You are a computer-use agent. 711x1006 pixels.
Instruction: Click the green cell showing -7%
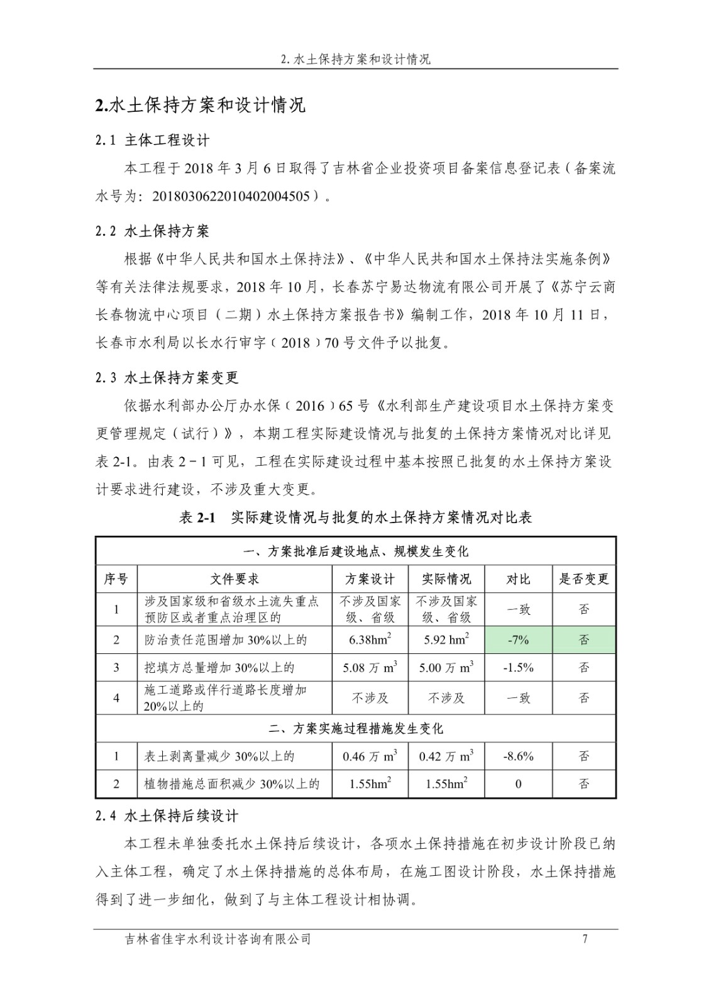tap(518, 640)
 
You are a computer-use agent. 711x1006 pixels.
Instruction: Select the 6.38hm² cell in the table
tap(370, 640)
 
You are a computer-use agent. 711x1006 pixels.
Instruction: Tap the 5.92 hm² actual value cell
tap(446, 640)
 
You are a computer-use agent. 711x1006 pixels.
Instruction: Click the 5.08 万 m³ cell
tap(370, 668)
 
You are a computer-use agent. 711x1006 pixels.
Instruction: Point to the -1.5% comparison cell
tap(518, 668)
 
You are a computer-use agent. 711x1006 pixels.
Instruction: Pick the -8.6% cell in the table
tap(518, 756)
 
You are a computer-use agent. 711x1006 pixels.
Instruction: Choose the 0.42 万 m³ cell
tap(446, 756)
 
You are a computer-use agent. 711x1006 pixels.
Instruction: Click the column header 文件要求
tap(234, 579)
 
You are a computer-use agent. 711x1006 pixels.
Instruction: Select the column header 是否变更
tap(584, 579)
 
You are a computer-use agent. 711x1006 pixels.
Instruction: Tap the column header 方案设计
tap(370, 579)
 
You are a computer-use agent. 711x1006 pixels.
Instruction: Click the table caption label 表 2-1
tap(197, 517)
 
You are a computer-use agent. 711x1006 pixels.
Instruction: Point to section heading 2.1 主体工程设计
tap(153, 140)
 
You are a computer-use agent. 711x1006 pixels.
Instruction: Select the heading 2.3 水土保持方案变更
tap(167, 378)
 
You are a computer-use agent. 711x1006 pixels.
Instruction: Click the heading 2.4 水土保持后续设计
tap(167, 816)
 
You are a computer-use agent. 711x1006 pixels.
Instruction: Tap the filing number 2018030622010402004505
tap(231, 196)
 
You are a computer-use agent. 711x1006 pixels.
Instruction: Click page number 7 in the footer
tap(585, 939)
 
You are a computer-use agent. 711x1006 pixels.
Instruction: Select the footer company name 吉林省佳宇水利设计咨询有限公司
tap(218, 939)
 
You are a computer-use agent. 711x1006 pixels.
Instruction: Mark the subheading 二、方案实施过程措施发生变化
tap(355, 729)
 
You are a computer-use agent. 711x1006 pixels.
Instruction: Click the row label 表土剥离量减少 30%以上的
tap(219, 756)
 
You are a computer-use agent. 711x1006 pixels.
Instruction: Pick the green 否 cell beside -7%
tap(584, 640)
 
